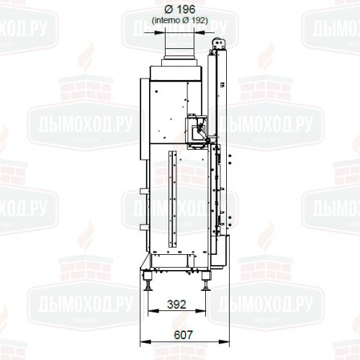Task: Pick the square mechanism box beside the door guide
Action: coord(194,127)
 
